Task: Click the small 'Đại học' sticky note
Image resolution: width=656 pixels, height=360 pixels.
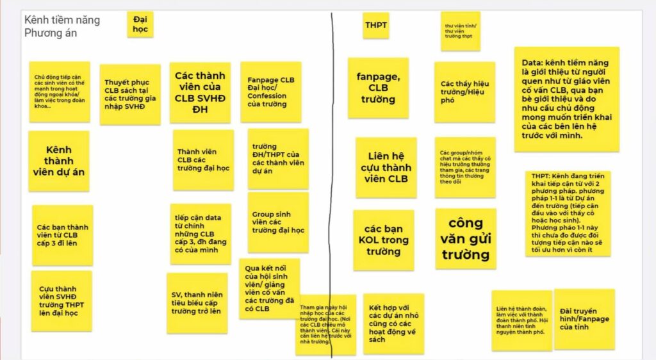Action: (x=140, y=25)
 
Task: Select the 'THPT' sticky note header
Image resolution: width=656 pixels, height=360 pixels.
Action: (x=375, y=25)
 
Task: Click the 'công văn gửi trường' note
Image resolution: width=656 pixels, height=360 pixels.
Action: (x=465, y=238)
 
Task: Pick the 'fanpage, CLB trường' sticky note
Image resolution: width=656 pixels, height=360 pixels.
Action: (x=378, y=88)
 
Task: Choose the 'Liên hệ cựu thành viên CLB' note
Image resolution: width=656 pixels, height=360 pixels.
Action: (x=386, y=167)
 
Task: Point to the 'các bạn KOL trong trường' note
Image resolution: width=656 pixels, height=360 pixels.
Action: (x=383, y=240)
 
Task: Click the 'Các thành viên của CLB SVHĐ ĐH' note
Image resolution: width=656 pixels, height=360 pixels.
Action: (x=200, y=92)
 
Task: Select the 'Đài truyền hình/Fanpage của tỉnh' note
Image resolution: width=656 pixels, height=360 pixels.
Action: (x=584, y=318)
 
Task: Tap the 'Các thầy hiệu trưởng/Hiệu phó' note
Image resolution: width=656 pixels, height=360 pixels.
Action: (x=464, y=92)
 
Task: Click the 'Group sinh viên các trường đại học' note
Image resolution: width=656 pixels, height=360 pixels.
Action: (x=278, y=222)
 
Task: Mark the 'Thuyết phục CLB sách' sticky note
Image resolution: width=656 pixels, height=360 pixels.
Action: (x=130, y=94)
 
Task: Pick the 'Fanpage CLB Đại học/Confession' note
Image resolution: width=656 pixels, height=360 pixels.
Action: (x=270, y=92)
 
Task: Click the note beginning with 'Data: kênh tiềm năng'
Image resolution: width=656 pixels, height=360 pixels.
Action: (x=566, y=99)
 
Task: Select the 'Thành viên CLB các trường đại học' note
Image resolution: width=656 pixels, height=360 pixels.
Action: (x=202, y=160)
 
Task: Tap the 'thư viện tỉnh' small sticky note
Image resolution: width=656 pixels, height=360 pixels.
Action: (x=459, y=31)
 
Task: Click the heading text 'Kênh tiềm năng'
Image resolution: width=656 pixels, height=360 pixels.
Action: (x=62, y=20)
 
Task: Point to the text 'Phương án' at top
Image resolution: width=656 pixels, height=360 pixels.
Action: (x=51, y=33)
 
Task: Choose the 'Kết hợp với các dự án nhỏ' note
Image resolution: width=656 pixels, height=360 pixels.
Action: (x=393, y=323)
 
